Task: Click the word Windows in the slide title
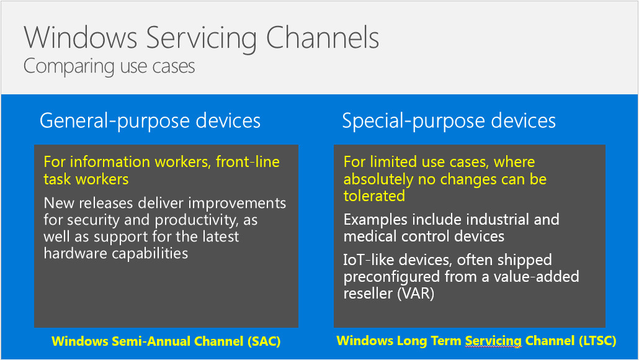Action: [80, 37]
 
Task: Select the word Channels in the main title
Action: [323, 37]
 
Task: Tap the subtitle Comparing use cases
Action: [109, 66]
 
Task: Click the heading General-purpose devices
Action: [150, 121]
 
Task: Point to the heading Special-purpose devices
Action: [449, 121]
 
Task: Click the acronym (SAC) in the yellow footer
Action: [264, 341]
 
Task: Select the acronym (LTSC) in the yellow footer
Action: [597, 341]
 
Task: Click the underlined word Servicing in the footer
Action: [493, 341]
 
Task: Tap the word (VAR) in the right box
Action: [416, 294]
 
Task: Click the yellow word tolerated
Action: [374, 196]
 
